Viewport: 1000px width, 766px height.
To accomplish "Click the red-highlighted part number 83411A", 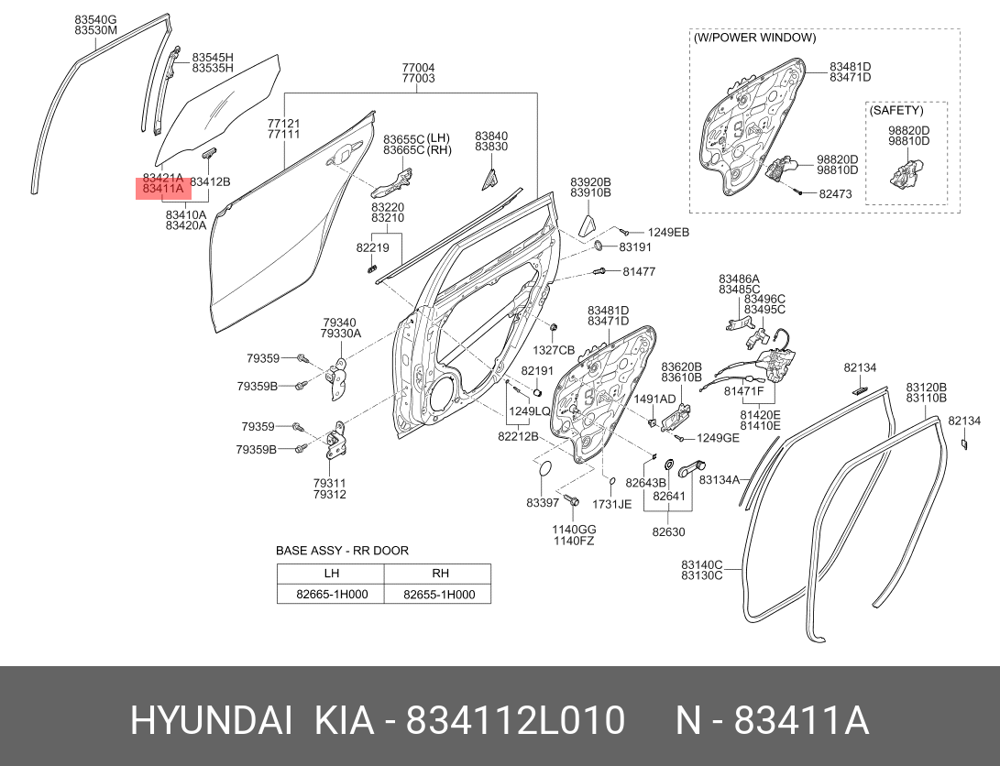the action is (x=163, y=189).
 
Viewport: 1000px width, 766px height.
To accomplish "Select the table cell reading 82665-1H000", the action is (x=332, y=594).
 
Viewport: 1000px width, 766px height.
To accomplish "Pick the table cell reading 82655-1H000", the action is (x=439, y=594).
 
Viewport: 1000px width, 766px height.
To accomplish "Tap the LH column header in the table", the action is (x=332, y=573).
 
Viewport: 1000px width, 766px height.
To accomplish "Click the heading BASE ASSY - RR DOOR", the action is (x=342, y=551).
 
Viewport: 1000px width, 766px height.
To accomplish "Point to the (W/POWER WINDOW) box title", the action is (x=754, y=38).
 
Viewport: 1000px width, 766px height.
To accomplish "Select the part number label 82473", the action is (x=835, y=193).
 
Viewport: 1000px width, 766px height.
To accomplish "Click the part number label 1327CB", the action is (x=554, y=350).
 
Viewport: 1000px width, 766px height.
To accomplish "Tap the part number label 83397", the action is (x=543, y=503).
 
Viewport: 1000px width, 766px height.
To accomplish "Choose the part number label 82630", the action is (x=668, y=531).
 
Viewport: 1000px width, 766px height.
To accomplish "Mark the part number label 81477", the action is (x=639, y=271).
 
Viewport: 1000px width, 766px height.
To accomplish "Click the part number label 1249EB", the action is (x=668, y=233).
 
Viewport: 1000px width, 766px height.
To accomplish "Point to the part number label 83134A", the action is (x=720, y=479).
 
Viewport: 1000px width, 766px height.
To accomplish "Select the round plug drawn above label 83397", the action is (x=545, y=470).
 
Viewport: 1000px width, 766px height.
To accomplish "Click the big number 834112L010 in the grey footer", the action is (x=515, y=721).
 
